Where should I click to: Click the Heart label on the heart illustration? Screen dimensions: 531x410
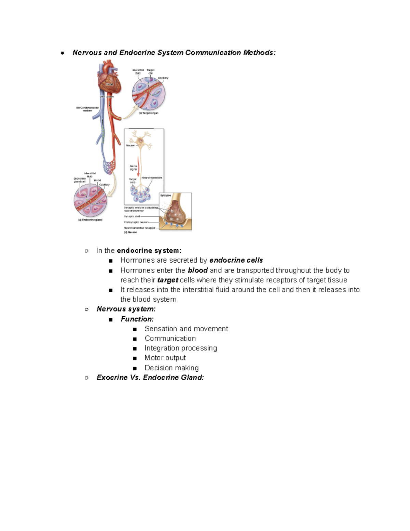tap(110, 84)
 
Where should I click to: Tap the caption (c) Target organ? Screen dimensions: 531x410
tap(149, 113)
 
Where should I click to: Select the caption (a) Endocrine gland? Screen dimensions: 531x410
tap(90, 220)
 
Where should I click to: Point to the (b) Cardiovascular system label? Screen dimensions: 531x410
tap(87, 109)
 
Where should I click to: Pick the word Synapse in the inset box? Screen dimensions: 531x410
tap(166, 196)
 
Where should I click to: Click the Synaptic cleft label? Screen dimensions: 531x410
tap(132, 216)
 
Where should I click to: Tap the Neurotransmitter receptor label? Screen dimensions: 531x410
tap(139, 228)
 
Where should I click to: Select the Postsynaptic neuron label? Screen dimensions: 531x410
tap(136, 222)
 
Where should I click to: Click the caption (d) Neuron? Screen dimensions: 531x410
tap(131, 233)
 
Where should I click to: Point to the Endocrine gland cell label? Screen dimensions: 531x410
tap(80, 180)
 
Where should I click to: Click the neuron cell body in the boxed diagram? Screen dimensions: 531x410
tap(140, 140)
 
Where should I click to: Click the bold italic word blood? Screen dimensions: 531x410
tap(198, 270)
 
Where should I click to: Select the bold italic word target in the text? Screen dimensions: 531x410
tap(168, 280)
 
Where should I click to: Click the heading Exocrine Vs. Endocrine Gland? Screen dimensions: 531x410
tap(150, 377)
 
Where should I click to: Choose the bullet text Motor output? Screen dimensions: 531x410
tap(165, 358)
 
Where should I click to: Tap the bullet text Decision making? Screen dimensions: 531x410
tap(172, 368)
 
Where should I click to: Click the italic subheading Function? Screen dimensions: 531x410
tap(137, 319)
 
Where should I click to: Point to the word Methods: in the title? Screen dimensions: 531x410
tap(259, 53)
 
